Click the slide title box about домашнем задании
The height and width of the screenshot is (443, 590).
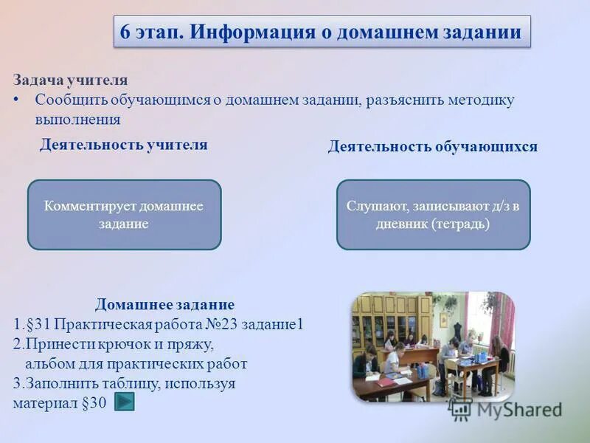click(322, 32)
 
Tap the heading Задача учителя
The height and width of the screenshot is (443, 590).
click(70, 80)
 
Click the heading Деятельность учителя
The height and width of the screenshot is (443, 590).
click(123, 145)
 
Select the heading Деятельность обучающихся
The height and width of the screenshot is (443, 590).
click(432, 147)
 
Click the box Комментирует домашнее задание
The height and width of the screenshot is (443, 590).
click(124, 215)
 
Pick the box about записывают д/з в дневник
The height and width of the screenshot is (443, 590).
click(433, 215)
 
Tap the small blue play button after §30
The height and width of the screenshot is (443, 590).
click(125, 402)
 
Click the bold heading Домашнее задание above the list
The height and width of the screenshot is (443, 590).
click(164, 305)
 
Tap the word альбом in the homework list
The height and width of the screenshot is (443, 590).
click(52, 364)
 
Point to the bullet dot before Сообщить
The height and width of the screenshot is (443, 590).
click(17, 100)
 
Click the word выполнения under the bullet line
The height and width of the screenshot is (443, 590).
click(77, 119)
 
